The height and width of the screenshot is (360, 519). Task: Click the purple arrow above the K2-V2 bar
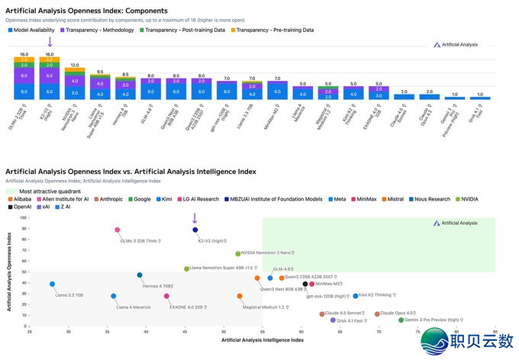(x=50, y=41)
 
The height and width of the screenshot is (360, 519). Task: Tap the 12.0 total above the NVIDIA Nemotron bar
(x=75, y=66)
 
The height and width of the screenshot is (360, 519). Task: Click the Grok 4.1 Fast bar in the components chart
(x=479, y=97)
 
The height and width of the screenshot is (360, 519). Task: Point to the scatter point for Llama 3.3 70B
(x=53, y=284)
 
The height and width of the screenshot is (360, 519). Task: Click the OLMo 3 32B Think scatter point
(x=118, y=230)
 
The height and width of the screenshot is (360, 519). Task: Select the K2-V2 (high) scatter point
(x=195, y=230)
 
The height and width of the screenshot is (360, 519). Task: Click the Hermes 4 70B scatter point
(x=140, y=275)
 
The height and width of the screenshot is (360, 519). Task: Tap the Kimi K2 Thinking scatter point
(x=356, y=295)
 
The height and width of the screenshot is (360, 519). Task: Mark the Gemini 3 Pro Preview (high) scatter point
(x=401, y=320)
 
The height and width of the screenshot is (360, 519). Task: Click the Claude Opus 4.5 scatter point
(x=377, y=313)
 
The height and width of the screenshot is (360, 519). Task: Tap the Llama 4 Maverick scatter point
(x=114, y=296)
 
